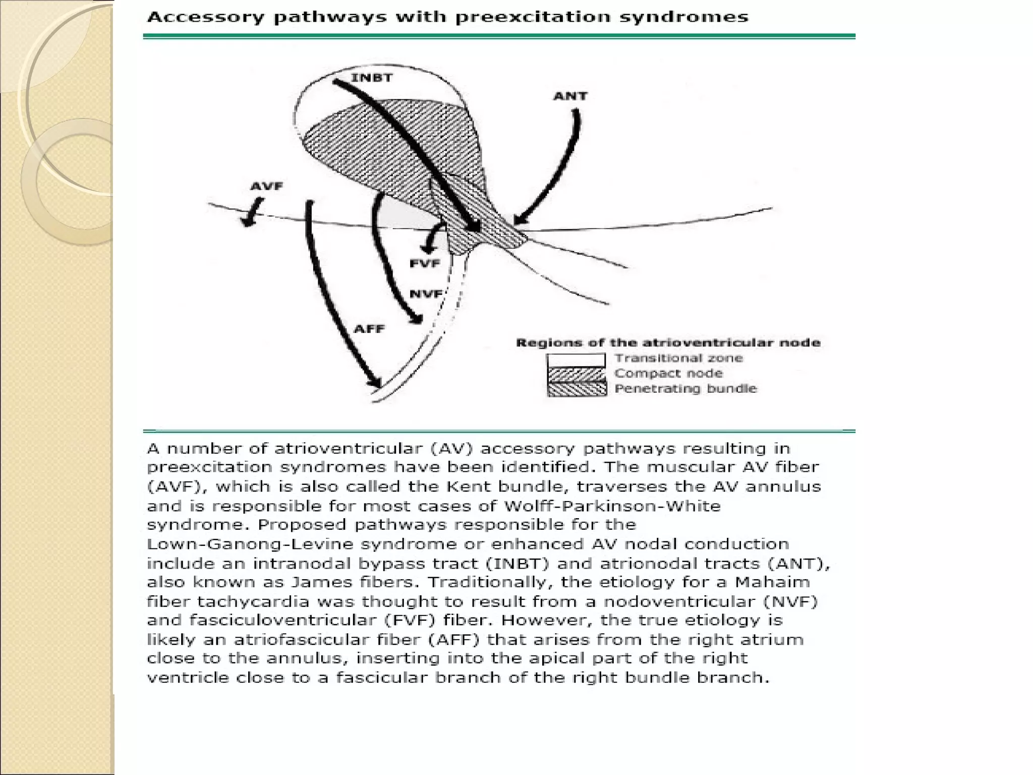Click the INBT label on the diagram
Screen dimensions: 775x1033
tap(372, 78)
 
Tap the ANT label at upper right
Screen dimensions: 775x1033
tap(570, 96)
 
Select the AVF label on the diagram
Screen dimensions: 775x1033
tap(267, 186)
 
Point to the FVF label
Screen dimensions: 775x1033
tap(425, 263)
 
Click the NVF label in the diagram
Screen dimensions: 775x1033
tap(426, 294)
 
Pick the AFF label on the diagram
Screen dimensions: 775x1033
tap(369, 329)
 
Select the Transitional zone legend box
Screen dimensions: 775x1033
tap(576, 360)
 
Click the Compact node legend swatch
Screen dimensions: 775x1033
tap(576, 374)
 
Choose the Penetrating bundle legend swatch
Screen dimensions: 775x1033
tap(576, 389)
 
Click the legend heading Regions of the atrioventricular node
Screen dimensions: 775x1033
tap(668, 343)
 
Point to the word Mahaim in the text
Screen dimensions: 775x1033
tap(772, 582)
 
